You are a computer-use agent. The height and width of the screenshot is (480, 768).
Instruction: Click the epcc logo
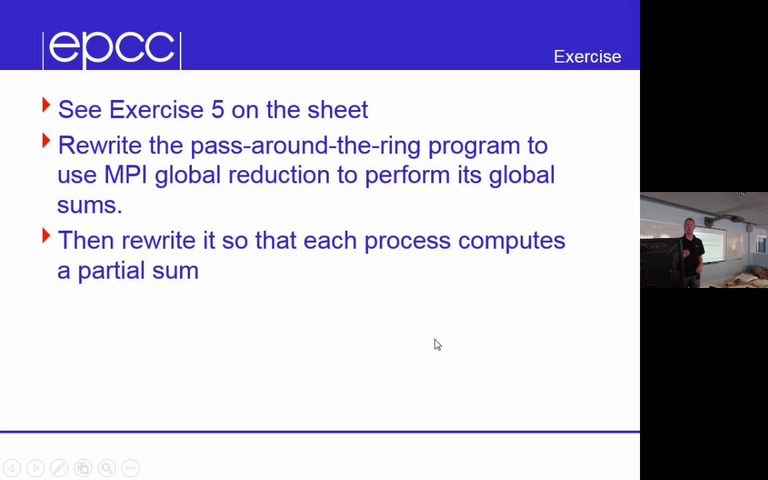click(111, 49)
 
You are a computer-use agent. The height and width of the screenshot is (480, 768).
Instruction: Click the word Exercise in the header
click(587, 57)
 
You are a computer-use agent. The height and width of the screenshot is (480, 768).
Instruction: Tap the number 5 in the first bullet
click(217, 109)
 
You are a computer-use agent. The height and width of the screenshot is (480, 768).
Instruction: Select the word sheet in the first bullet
click(337, 109)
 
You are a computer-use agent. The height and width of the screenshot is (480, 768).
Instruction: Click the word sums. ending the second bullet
click(89, 205)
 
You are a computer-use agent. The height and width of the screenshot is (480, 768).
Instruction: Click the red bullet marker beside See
click(46, 105)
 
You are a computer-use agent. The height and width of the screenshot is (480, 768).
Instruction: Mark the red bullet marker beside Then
click(46, 235)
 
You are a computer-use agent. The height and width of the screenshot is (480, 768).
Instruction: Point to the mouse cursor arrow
click(437, 344)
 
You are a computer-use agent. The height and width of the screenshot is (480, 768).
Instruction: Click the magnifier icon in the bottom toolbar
click(106, 468)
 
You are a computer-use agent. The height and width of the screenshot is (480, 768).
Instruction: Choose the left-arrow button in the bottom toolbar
click(12, 468)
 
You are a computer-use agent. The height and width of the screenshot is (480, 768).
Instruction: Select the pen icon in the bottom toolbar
click(59, 468)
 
